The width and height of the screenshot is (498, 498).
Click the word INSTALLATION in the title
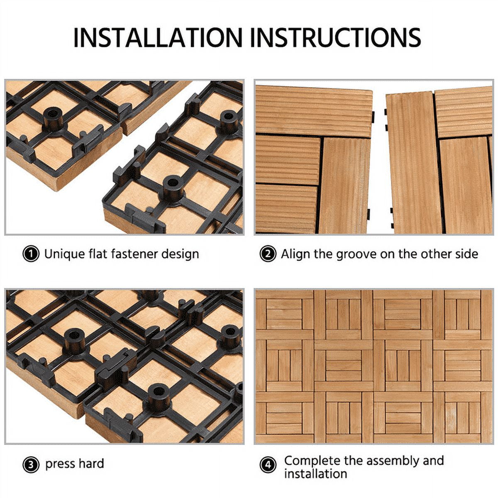pos(158,37)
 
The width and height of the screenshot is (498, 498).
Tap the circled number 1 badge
pos(31,254)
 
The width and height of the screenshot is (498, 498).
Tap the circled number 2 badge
pos(268,254)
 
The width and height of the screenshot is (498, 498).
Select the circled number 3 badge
pos(31,464)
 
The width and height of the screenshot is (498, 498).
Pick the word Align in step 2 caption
pos(295,254)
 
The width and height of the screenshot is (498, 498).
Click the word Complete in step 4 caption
pos(312,461)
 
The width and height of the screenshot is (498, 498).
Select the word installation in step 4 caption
pos(315,474)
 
